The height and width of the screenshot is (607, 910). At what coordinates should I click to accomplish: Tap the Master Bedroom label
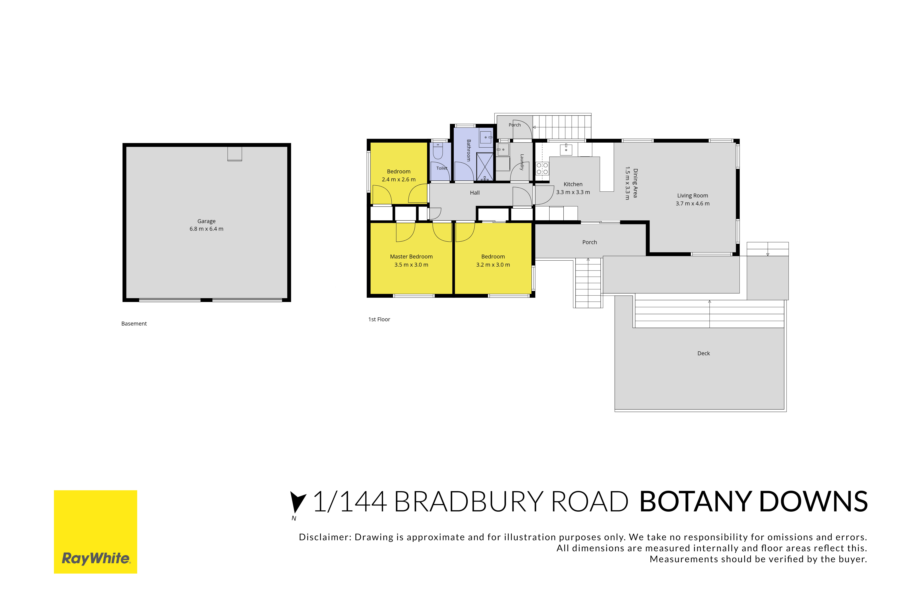point(411,257)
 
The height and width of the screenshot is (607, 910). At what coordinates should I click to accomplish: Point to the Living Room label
point(692,195)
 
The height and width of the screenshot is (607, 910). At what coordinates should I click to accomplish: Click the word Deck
point(703,353)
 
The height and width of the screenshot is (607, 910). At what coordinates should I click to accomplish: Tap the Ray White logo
point(95,532)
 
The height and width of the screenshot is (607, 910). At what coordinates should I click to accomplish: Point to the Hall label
point(475,193)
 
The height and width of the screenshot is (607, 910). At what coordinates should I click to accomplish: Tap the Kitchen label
point(573,184)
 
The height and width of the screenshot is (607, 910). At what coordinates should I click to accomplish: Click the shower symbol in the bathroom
point(485,166)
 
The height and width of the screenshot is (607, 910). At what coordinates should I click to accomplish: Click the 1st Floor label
point(379,319)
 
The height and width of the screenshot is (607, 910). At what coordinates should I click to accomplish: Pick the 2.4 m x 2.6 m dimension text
point(399,180)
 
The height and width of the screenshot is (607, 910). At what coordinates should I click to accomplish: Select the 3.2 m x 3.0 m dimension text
point(493,265)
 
